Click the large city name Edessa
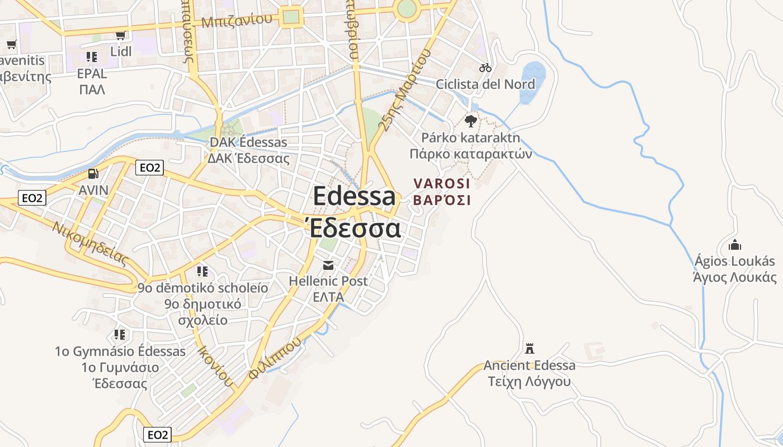click(x=354, y=196)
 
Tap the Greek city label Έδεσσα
click(x=354, y=229)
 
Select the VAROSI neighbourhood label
click(x=442, y=183)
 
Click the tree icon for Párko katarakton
click(x=471, y=121)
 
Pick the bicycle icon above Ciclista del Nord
click(x=485, y=68)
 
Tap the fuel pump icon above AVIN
click(x=93, y=174)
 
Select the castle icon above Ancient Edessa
click(x=529, y=349)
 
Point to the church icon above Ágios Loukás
click(x=734, y=245)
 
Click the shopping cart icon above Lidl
click(x=120, y=36)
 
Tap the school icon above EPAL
click(x=92, y=56)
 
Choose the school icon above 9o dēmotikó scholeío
click(x=202, y=272)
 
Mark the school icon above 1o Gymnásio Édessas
click(x=120, y=335)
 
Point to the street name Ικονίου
click(x=215, y=366)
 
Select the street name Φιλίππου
click(x=275, y=358)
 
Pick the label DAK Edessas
click(x=248, y=142)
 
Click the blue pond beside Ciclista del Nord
click(x=531, y=81)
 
